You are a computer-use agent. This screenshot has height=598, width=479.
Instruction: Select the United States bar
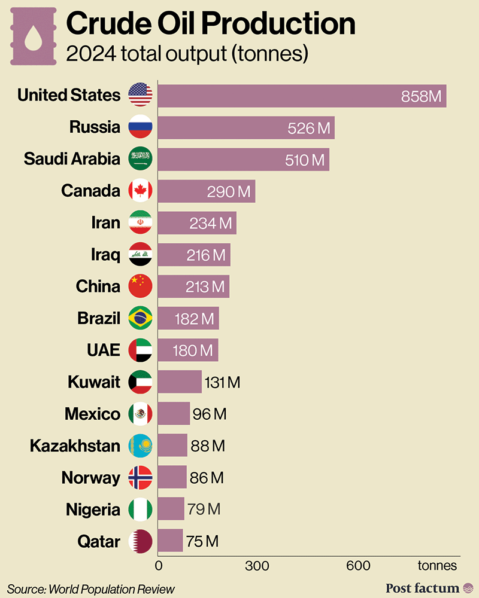(x=302, y=96)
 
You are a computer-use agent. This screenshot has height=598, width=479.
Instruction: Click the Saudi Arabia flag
(x=141, y=159)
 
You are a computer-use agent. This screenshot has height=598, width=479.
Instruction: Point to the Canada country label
(x=90, y=191)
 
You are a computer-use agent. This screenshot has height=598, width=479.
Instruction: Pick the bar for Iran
(x=197, y=223)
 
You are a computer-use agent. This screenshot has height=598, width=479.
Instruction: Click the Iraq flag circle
(x=141, y=255)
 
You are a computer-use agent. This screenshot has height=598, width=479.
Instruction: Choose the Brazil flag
(x=141, y=318)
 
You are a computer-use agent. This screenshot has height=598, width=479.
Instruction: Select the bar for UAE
(x=188, y=350)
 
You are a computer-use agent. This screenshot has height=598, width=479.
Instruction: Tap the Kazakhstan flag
(x=141, y=446)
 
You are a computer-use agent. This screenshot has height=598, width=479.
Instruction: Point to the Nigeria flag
(x=141, y=509)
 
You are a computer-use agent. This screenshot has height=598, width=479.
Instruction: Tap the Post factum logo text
(x=423, y=588)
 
